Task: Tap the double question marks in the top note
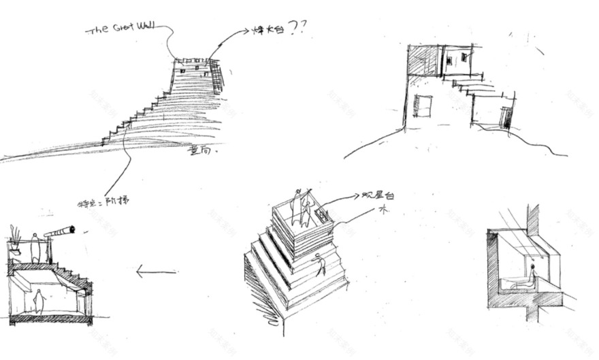coord(298,27)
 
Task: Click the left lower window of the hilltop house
coord(423,106)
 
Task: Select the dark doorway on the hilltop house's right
coord(505,117)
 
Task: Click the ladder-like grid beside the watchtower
coord(217,75)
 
